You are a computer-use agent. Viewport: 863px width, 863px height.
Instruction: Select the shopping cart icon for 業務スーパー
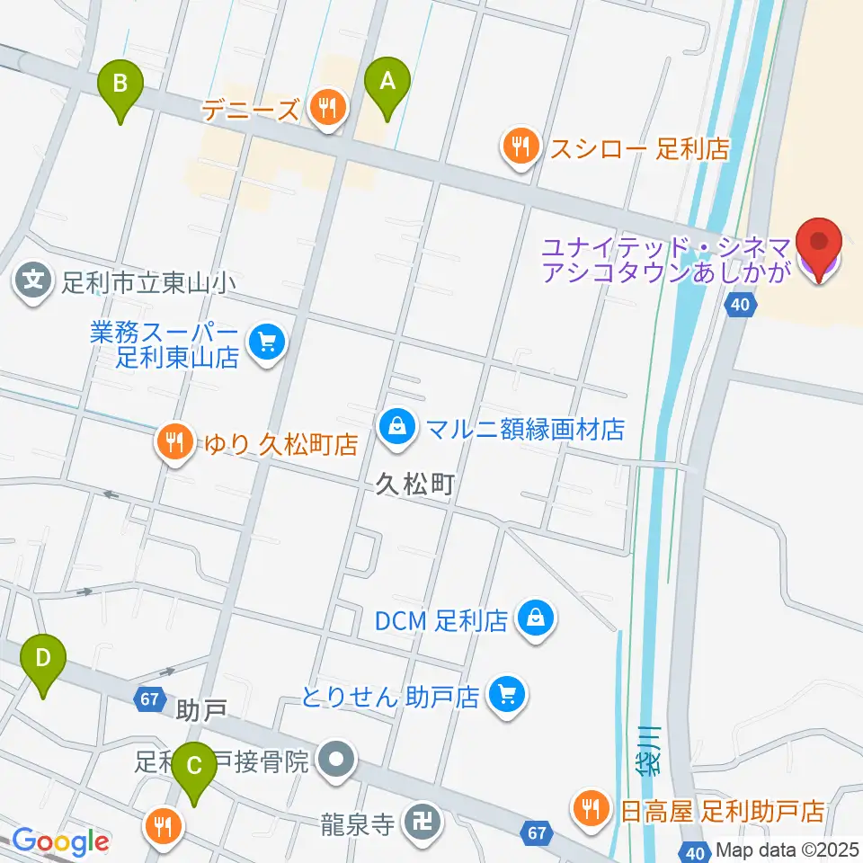265,342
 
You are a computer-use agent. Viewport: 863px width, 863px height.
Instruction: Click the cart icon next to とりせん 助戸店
505,693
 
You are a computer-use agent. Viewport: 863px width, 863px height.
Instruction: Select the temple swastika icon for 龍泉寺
420,821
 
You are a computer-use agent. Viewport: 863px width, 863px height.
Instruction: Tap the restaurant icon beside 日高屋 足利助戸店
590,809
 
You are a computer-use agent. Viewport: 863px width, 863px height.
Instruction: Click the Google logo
60,842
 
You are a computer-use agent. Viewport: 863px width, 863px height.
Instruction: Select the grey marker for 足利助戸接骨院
337,762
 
